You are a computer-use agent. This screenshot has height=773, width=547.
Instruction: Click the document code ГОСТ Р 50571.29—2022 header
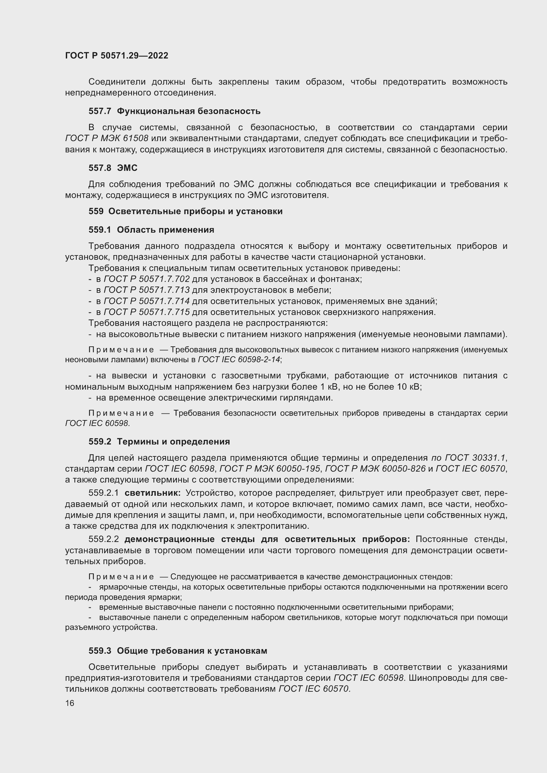click(116, 56)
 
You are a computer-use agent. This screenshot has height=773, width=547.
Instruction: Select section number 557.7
click(100, 111)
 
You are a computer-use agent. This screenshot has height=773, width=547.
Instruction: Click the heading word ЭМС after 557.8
click(127, 168)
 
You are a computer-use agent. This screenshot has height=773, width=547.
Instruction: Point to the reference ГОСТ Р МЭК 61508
click(107, 139)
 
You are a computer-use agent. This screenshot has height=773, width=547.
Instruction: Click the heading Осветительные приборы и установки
click(195, 212)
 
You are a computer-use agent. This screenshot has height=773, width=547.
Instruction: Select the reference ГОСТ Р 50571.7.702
click(147, 279)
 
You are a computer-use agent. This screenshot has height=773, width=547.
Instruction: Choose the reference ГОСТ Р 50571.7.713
click(147, 290)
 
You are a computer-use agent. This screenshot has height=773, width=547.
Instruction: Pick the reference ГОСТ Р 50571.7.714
click(147, 301)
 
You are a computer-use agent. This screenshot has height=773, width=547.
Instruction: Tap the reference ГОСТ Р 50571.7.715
click(147, 312)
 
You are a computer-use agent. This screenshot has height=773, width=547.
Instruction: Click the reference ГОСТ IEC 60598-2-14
click(239, 360)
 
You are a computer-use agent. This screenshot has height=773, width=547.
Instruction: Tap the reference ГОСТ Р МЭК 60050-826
click(376, 469)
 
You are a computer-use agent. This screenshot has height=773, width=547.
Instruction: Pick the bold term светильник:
click(152, 493)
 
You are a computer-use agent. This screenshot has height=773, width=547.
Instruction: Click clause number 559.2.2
click(104, 539)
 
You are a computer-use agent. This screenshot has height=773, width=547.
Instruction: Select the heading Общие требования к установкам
click(192, 651)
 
